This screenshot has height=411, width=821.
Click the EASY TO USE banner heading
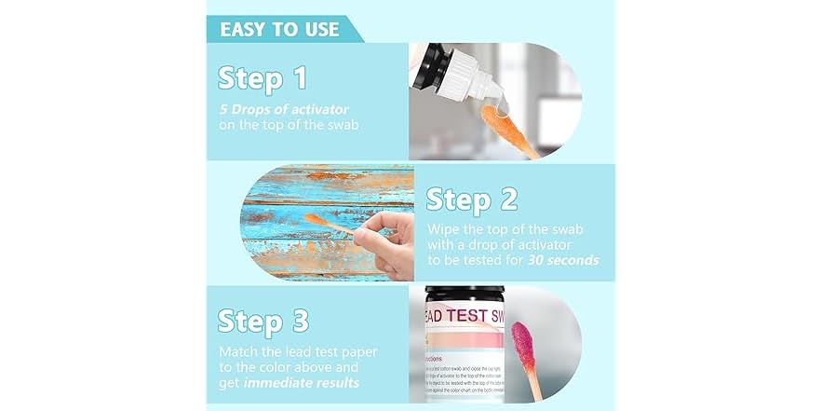coord(279,29)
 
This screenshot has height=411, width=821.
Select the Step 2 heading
coord(472,198)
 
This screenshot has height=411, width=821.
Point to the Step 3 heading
coord(263,320)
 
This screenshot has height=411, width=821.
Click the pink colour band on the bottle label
coord(456,341)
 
